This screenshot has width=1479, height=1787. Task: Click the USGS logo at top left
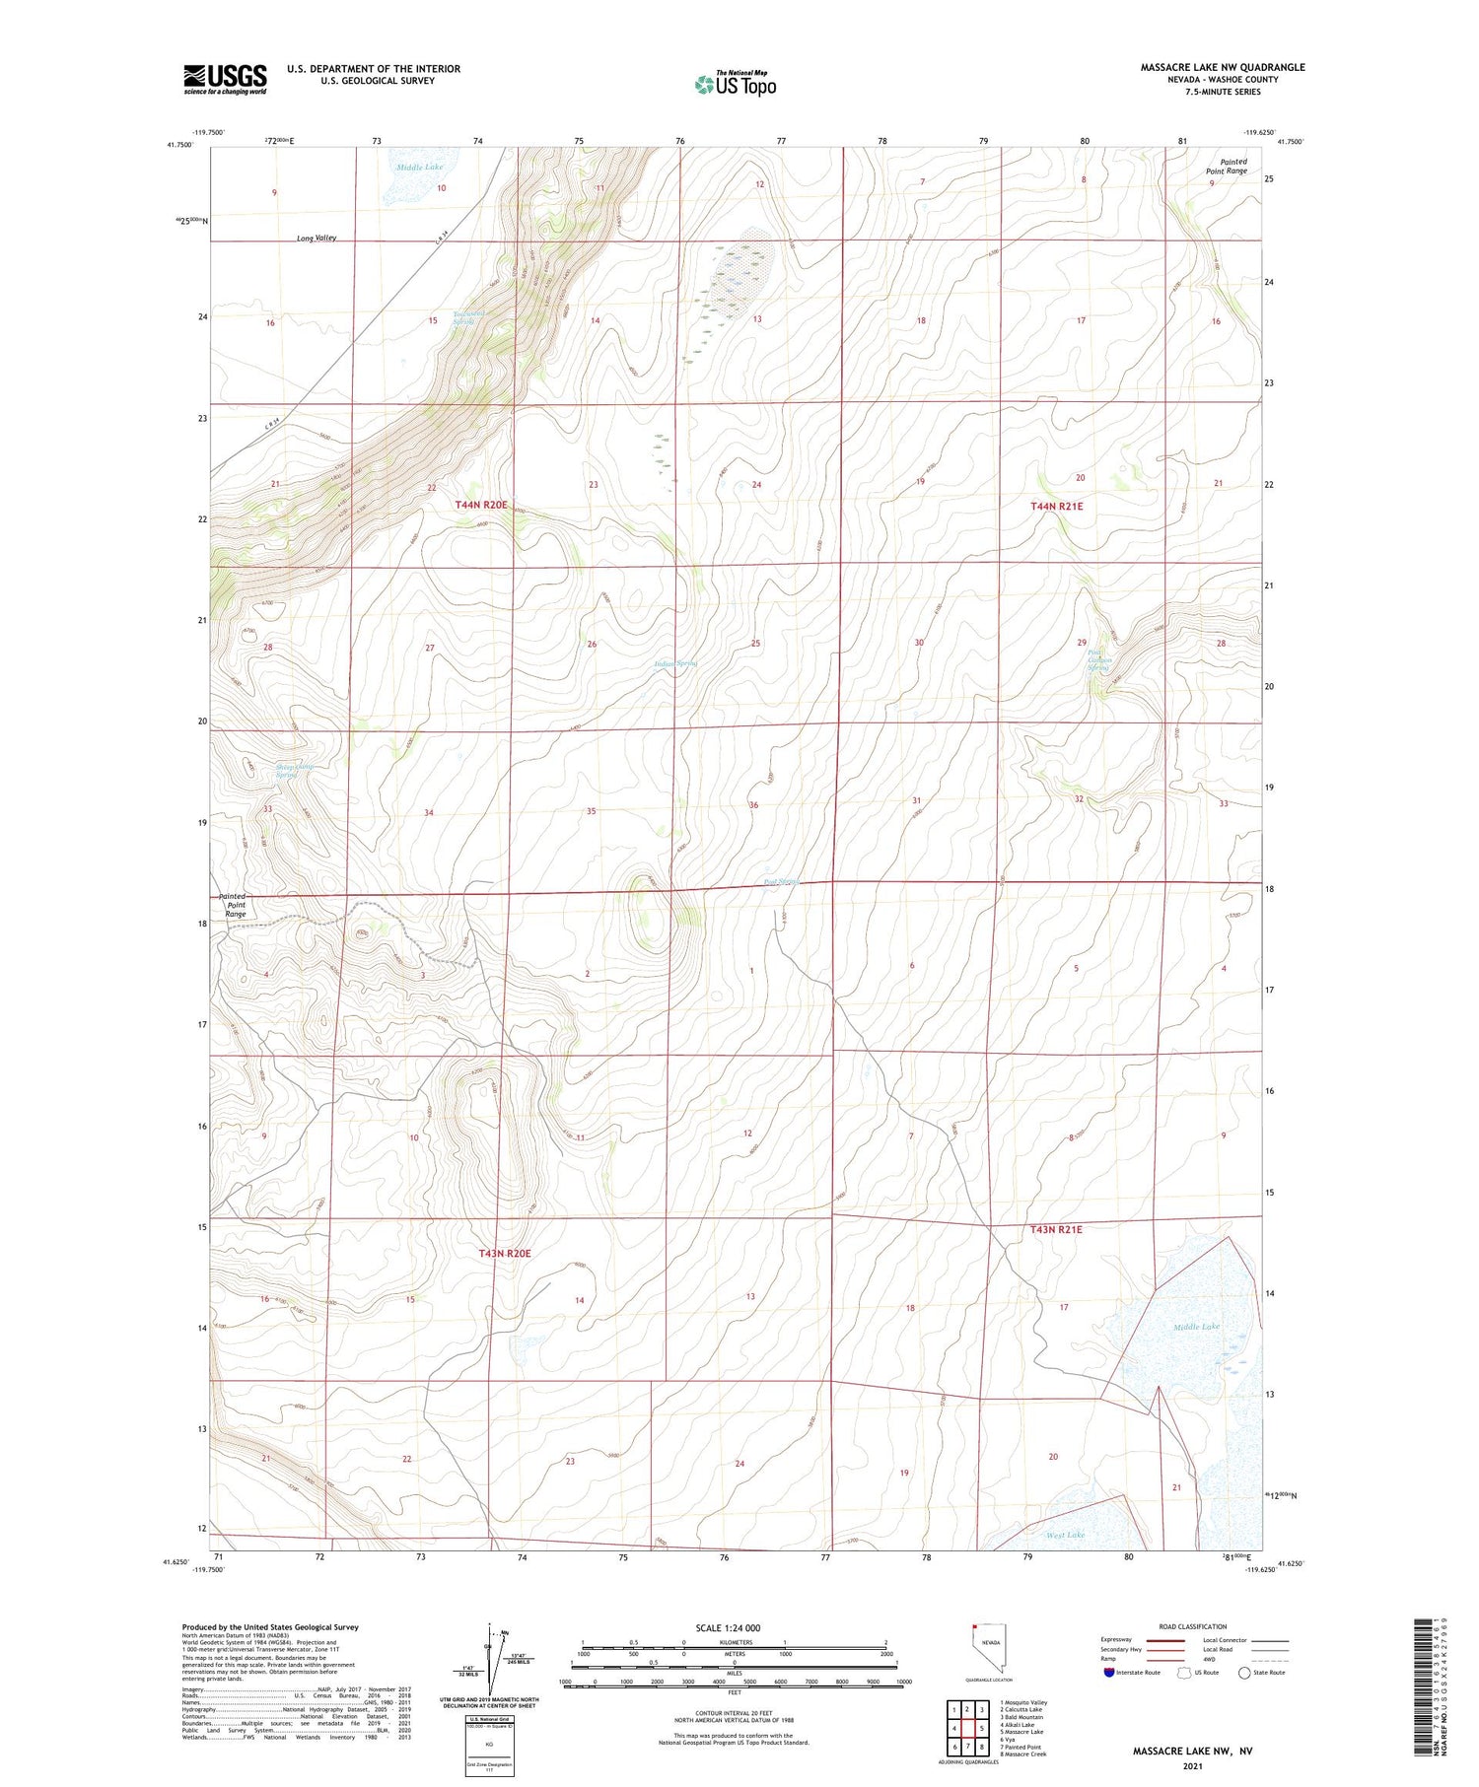225,79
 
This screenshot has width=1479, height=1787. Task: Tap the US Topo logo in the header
736,85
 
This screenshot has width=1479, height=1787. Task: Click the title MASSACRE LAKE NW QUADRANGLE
1222,67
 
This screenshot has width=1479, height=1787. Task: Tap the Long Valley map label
317,239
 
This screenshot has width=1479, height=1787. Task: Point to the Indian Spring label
676,663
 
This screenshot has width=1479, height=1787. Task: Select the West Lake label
1065,1535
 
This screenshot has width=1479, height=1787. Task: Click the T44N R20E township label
481,505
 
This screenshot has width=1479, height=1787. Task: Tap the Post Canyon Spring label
1099,660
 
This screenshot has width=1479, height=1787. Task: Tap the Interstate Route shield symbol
1109,1673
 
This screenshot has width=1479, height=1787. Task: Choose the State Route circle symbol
1244,1673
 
